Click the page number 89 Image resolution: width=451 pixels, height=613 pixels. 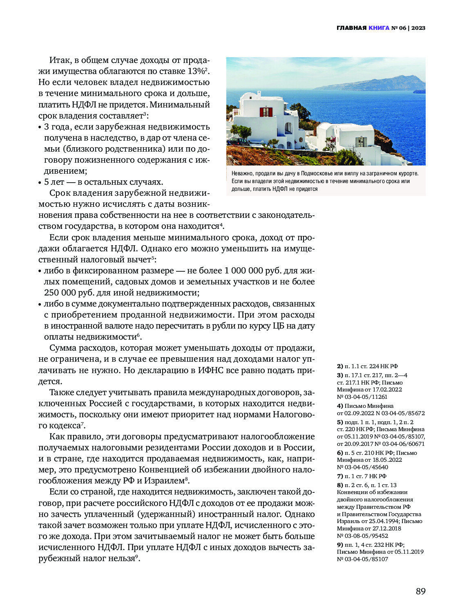click(420, 591)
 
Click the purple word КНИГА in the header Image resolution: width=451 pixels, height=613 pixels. click(379, 28)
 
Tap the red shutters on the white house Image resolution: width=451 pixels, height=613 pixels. click(266, 112)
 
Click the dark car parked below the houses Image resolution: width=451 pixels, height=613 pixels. click(238, 141)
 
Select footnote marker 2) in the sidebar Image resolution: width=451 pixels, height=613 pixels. click(340, 366)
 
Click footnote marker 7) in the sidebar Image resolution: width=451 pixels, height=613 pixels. click(340, 476)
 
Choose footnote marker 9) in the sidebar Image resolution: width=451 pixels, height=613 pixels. click(340, 545)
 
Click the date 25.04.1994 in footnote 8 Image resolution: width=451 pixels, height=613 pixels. click(384, 521)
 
